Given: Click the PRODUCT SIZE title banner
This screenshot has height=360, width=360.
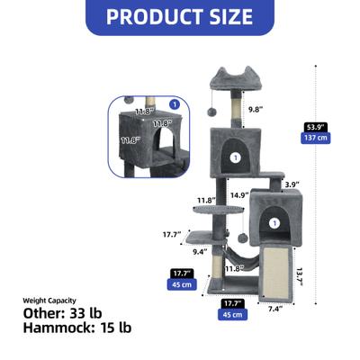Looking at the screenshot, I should coord(180,16).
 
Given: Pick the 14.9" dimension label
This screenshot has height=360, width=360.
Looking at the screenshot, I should coord(239,193).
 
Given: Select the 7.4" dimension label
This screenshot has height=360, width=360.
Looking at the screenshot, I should coord(275,308).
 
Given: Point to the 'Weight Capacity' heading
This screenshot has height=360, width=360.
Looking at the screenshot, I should coord(50,300).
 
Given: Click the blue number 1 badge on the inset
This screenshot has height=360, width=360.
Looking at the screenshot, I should coord(174,104).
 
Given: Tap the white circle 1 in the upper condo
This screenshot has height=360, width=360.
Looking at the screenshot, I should coord(236,157).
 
